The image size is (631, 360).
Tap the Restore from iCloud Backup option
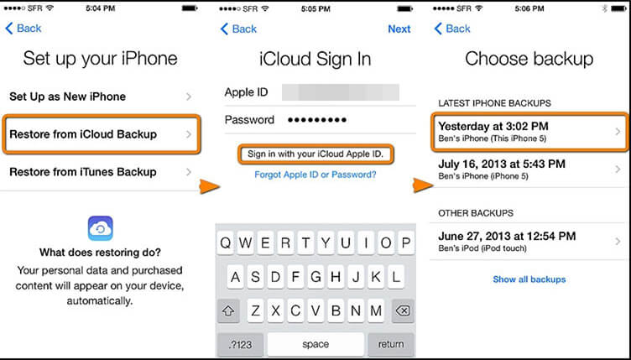click(101, 134)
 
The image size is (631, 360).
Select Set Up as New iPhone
click(101, 97)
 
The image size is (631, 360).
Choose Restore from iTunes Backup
click(101, 172)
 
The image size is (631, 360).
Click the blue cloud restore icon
click(100, 228)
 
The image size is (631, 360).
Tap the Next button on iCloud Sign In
click(399, 29)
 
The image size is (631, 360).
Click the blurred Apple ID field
click(341, 92)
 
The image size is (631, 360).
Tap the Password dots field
click(317, 120)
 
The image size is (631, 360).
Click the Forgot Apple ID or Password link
click(315, 175)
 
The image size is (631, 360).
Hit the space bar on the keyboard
click(315, 344)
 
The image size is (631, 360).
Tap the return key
click(391, 344)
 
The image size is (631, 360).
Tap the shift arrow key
click(228, 310)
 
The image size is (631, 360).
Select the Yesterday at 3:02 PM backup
click(529, 132)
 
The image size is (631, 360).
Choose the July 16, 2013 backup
click(529, 170)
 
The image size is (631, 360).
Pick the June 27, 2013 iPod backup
click(529, 242)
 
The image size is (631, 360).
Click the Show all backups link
click(529, 279)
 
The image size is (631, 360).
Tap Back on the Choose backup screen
click(452, 29)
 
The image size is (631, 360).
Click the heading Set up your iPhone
click(100, 59)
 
